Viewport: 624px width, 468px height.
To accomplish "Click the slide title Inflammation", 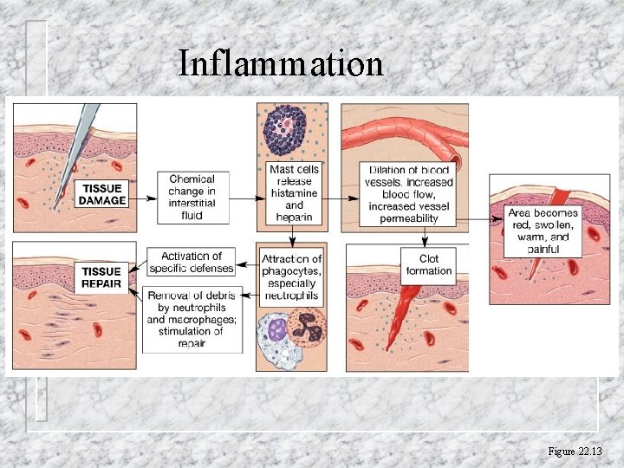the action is (x=280, y=63).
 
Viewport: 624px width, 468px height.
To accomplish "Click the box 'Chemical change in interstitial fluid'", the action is (x=192, y=198).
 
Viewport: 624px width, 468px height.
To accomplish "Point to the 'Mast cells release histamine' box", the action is (x=294, y=193).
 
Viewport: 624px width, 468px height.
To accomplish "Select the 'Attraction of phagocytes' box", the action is (x=292, y=277).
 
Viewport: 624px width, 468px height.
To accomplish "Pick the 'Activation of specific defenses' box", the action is (x=192, y=262).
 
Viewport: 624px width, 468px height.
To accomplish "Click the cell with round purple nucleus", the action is (x=276, y=329).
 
